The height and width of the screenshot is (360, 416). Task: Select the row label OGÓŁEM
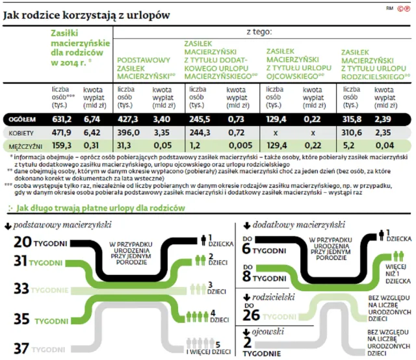23,120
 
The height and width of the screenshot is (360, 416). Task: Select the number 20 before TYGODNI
21,242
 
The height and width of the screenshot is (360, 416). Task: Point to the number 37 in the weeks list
21,348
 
